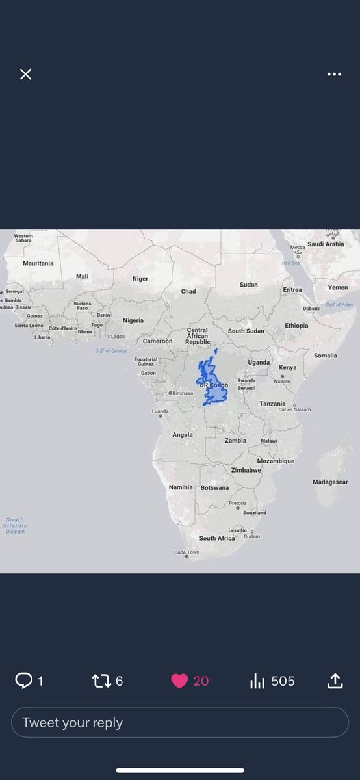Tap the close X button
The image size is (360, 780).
[x=25, y=74]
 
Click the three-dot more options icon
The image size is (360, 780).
[x=334, y=74]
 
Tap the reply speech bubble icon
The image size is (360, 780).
[x=23, y=681]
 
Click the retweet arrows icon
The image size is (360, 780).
[x=101, y=681]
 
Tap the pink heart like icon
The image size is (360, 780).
[x=179, y=681]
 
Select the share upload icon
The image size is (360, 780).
[x=335, y=681]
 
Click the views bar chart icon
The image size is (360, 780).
[x=257, y=681]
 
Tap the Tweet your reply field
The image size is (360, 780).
[x=179, y=722]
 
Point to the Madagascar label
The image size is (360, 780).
[x=330, y=482]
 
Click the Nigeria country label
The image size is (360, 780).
[x=133, y=320]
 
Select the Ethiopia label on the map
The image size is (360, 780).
[x=296, y=325]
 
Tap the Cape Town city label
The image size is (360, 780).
[x=186, y=552]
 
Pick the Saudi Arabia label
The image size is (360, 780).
[x=326, y=244]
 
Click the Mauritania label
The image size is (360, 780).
[x=38, y=263]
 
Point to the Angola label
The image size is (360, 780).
[x=183, y=434]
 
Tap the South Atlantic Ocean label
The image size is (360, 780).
[x=15, y=525]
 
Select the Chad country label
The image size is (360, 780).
[x=188, y=291]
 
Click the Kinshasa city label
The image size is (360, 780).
[x=183, y=393]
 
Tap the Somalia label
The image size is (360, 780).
[x=326, y=356]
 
